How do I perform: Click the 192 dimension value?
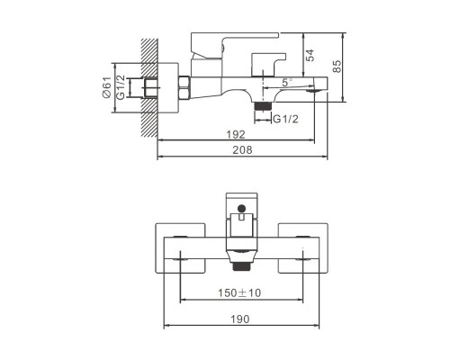click(236, 134)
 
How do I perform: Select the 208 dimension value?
click(243, 150)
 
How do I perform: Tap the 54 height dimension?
click(310, 55)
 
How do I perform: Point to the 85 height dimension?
click(337, 67)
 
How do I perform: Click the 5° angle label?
click(287, 82)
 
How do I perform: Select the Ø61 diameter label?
click(106, 87)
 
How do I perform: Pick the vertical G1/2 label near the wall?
click(121, 87)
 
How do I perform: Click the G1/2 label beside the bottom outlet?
click(285, 120)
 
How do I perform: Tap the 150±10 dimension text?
click(239, 292)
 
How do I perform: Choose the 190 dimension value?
click(240, 319)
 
